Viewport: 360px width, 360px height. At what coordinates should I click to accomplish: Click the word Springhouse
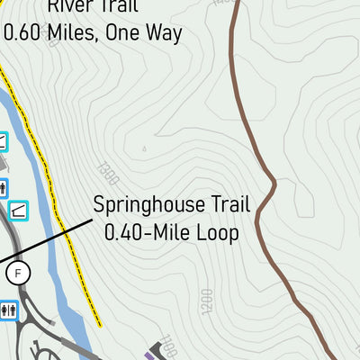pyautogui.click(x=148, y=205)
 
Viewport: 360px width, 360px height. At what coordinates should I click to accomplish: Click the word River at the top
pyautogui.click(x=71, y=8)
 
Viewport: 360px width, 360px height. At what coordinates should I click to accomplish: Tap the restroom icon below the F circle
pyautogui.click(x=10, y=310)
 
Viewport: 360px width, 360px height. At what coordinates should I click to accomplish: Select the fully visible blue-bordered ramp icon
pyautogui.click(x=18, y=210)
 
